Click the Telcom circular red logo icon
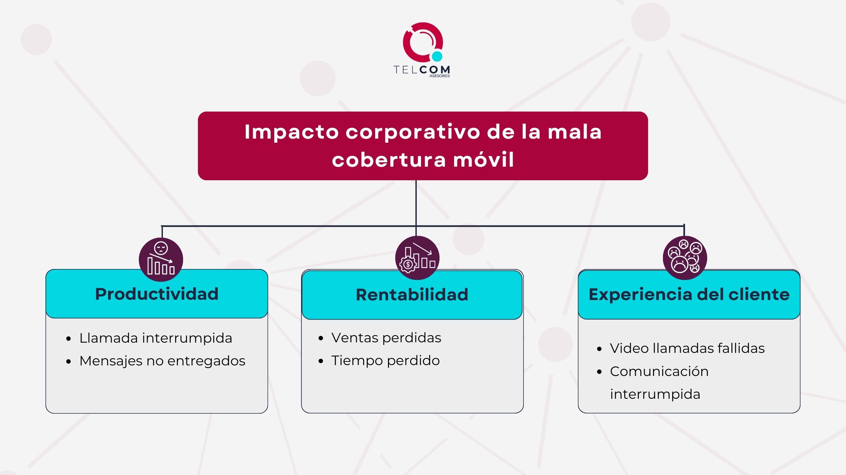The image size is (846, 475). click(422, 41)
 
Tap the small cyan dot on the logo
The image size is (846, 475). click(437, 56)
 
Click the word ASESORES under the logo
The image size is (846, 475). click(439, 76)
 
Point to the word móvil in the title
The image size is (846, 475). click(483, 160)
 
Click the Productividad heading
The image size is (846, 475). click(157, 294)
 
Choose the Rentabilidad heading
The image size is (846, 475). click(412, 294)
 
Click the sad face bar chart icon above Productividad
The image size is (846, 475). click(161, 259)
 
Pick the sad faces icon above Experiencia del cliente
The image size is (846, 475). click(685, 257)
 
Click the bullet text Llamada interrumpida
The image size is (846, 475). click(156, 338)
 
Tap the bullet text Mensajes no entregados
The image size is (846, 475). click(162, 361)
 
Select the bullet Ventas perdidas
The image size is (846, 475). click(386, 338)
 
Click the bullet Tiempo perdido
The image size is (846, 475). click(385, 360)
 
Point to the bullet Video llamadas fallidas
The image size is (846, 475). click(687, 348)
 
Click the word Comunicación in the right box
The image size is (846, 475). click(659, 371)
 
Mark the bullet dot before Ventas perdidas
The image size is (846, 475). click(321, 338)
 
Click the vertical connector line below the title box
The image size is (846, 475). click(416, 203)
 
